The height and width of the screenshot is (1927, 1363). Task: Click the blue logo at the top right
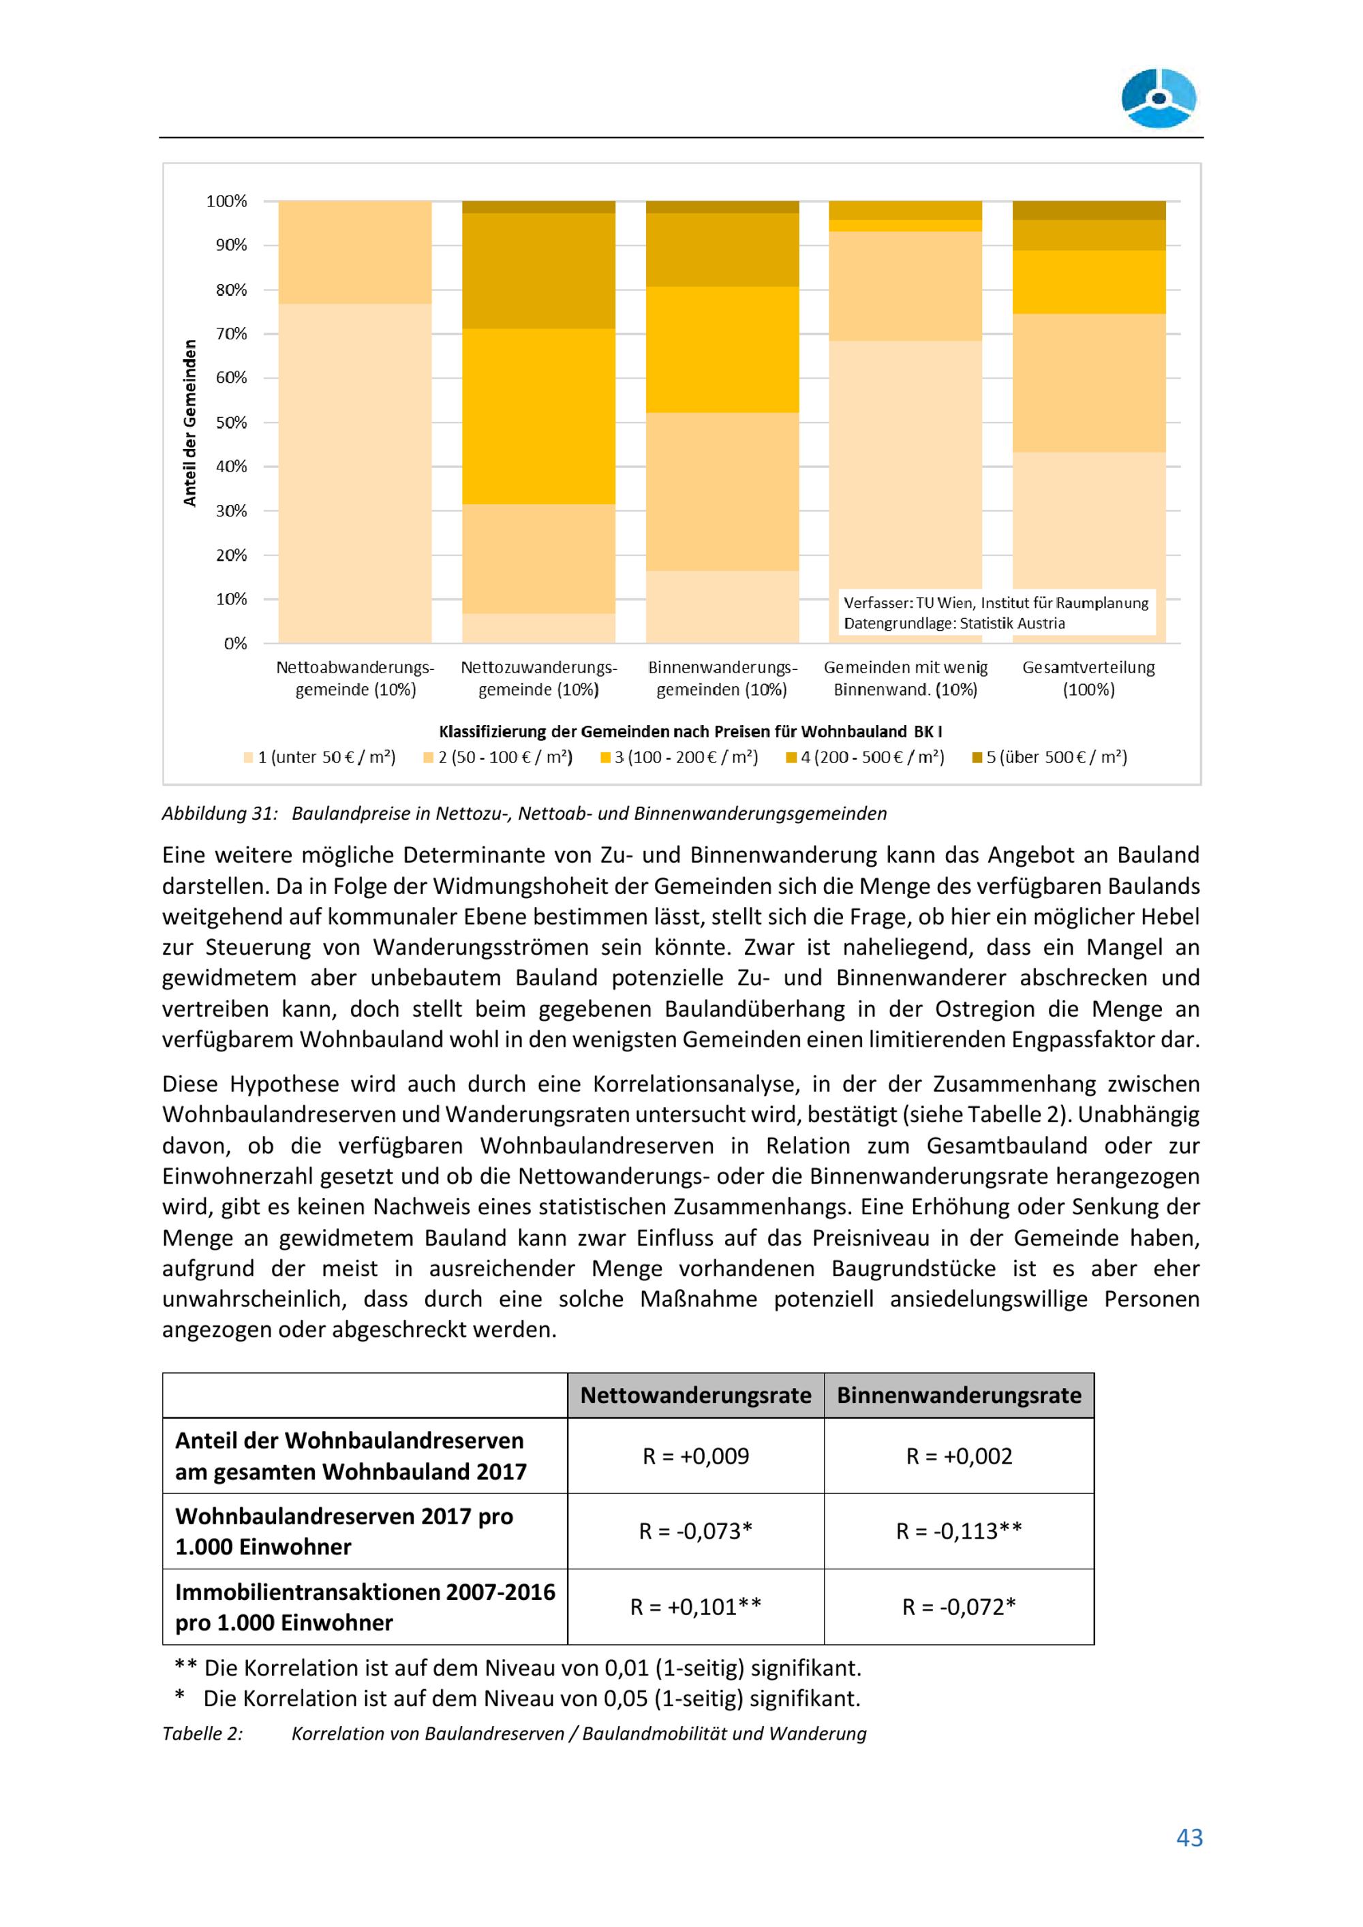click(x=1159, y=99)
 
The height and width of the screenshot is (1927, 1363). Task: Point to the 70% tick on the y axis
click(x=231, y=334)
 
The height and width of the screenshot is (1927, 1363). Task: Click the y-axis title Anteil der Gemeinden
click(x=191, y=422)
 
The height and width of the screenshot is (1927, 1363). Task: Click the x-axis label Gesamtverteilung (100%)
click(x=1088, y=678)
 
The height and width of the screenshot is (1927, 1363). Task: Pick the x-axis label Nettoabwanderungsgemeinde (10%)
click(x=355, y=678)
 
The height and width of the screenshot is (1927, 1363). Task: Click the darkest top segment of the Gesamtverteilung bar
click(x=1088, y=210)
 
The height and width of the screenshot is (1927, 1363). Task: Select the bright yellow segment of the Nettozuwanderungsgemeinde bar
click(x=538, y=416)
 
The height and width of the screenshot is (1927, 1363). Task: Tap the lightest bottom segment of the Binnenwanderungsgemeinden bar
click(x=722, y=607)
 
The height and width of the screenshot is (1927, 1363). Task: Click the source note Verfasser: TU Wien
click(x=996, y=602)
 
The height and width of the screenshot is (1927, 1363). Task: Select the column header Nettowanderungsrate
click(x=696, y=1396)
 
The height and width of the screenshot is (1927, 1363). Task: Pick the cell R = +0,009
click(x=696, y=1456)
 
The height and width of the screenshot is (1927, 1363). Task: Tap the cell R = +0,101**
click(x=696, y=1606)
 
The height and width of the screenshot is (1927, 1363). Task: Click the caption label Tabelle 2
click(x=202, y=1733)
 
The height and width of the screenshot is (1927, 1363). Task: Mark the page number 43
click(x=1189, y=1837)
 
